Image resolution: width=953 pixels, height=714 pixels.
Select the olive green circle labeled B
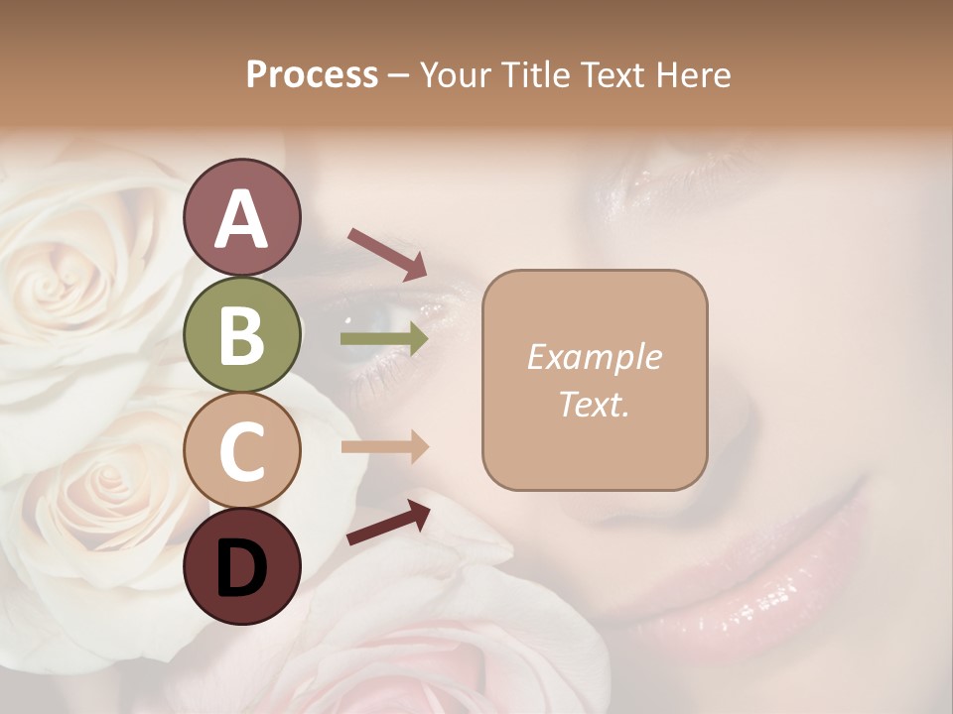(x=241, y=334)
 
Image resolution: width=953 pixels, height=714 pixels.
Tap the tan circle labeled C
(x=241, y=450)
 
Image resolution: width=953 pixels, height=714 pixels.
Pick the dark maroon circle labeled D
(x=241, y=566)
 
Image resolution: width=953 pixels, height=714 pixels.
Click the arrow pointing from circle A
(x=387, y=253)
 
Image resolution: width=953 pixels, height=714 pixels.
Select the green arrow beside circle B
(x=384, y=339)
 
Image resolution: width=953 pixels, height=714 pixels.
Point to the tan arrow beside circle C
(x=384, y=447)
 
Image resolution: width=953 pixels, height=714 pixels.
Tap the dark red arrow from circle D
(x=388, y=522)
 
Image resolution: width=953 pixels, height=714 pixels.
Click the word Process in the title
(x=312, y=74)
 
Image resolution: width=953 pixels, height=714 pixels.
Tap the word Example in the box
(x=594, y=357)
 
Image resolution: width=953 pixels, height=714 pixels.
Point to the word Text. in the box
(x=594, y=404)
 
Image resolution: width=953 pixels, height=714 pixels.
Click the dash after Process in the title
(x=399, y=76)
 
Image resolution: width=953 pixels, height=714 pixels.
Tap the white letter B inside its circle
(x=241, y=334)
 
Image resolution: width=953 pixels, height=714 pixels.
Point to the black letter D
(x=241, y=568)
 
